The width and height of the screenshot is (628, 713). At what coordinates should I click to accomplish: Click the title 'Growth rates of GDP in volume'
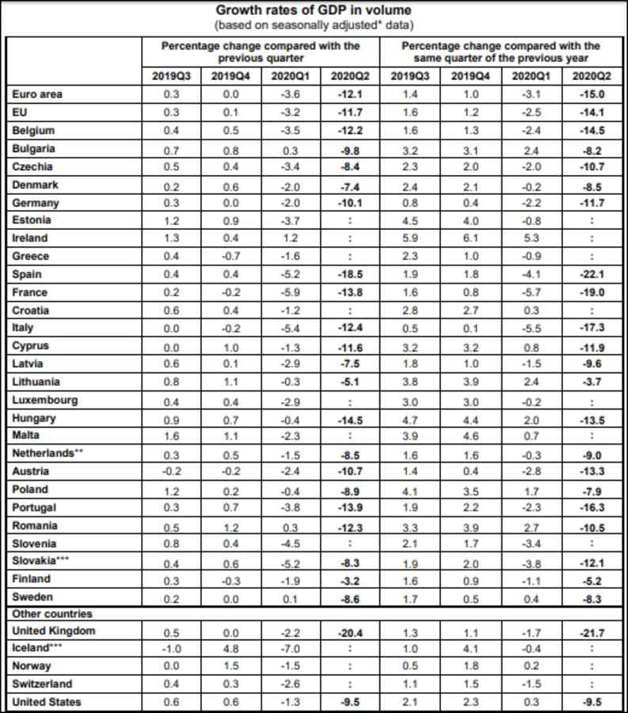click(x=314, y=11)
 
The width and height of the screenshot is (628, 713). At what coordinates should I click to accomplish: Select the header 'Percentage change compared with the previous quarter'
click(x=261, y=52)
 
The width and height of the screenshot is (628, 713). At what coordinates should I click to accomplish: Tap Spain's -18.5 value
click(x=349, y=274)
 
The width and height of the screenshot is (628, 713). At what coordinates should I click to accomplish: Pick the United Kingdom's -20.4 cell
click(x=349, y=631)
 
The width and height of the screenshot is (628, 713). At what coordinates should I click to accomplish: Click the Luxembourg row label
click(x=45, y=400)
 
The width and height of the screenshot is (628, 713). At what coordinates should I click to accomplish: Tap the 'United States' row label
click(x=47, y=702)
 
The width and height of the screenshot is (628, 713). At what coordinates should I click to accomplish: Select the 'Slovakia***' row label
click(x=44, y=560)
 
